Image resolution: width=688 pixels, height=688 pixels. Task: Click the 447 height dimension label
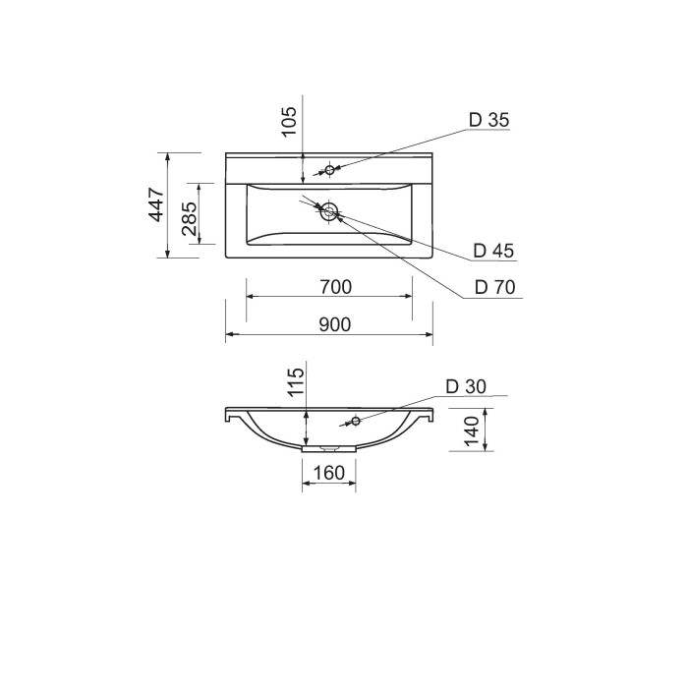click(x=156, y=204)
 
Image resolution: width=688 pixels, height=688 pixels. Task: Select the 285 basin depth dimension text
click(x=189, y=218)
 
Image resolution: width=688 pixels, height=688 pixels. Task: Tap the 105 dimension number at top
click(x=289, y=122)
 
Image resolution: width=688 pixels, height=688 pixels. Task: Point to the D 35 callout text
click(x=488, y=120)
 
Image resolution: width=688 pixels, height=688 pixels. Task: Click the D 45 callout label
click(x=493, y=251)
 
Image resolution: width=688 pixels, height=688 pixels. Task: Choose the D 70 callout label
click(x=495, y=287)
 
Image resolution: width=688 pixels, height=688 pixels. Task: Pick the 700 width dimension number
click(x=336, y=287)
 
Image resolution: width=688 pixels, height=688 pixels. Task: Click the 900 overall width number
click(x=335, y=324)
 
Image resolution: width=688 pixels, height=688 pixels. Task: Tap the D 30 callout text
click(x=466, y=386)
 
